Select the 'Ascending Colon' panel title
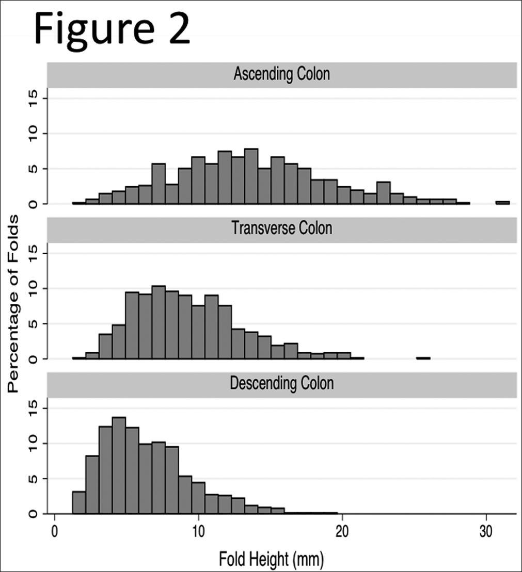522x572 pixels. [281, 74]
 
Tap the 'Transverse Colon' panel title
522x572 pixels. [281, 228]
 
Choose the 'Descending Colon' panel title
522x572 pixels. [281, 383]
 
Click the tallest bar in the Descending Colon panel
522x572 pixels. [119, 465]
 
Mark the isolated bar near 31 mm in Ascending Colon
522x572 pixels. [502, 203]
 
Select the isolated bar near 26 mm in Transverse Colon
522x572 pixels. [423, 357]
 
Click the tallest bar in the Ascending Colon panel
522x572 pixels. [251, 176]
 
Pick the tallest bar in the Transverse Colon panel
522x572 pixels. [159, 322]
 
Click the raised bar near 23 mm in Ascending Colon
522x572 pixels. [383, 193]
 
